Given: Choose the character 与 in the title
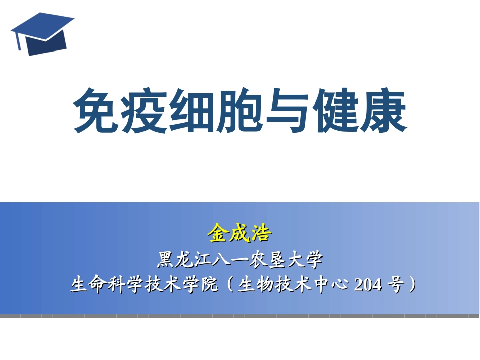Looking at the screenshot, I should click(x=287, y=111).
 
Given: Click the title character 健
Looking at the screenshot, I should click(x=335, y=111).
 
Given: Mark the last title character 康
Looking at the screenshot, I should click(x=383, y=111).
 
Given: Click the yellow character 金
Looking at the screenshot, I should click(x=218, y=234).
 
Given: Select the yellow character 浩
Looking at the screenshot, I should click(x=261, y=234).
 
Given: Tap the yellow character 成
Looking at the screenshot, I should click(x=239, y=234).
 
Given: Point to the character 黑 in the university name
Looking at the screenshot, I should click(x=166, y=261).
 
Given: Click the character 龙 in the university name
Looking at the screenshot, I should click(x=186, y=261).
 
